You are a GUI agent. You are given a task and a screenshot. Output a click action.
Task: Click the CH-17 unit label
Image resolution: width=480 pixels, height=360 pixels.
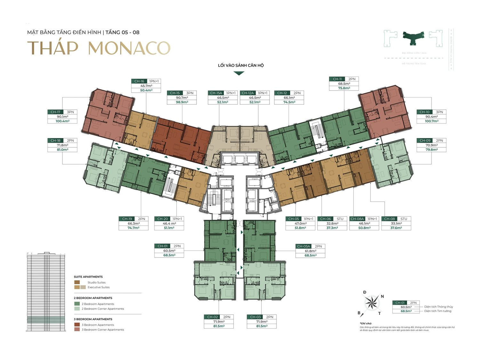point(55,112)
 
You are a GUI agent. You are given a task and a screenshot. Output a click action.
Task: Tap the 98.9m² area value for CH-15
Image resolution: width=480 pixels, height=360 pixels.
point(182,102)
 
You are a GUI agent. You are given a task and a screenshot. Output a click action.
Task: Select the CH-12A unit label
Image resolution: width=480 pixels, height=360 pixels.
point(248,93)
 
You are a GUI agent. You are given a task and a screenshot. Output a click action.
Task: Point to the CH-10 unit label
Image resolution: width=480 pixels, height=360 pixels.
point(424,112)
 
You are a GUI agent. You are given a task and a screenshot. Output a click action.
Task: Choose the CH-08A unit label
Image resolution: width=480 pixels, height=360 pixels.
point(357,219)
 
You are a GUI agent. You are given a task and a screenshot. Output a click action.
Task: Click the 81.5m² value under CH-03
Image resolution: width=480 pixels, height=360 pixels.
point(262,326)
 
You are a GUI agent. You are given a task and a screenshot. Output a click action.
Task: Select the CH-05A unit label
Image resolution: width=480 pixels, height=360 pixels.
point(304,246)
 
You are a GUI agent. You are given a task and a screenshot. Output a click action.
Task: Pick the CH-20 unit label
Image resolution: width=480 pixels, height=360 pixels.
point(163,219)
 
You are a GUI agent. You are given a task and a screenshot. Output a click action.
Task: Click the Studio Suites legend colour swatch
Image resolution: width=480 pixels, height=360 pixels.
point(77,282)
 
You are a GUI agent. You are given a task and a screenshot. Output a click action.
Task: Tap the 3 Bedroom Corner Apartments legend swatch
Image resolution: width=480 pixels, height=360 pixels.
point(77,329)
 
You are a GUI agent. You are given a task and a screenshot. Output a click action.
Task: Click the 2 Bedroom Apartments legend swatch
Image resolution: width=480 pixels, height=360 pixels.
point(77,304)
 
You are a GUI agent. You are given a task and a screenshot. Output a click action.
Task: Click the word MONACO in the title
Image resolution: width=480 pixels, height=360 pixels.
point(129,48)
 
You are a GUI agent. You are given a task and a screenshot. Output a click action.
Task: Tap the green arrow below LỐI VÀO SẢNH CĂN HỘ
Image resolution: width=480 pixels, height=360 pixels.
point(239,73)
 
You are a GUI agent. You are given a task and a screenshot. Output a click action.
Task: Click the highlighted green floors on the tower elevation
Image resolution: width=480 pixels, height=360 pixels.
point(46,320)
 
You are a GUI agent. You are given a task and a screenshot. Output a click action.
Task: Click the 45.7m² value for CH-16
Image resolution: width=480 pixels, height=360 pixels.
point(146,86)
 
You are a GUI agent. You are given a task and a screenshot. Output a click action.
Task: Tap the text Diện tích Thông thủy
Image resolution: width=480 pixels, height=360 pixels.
point(438,307)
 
